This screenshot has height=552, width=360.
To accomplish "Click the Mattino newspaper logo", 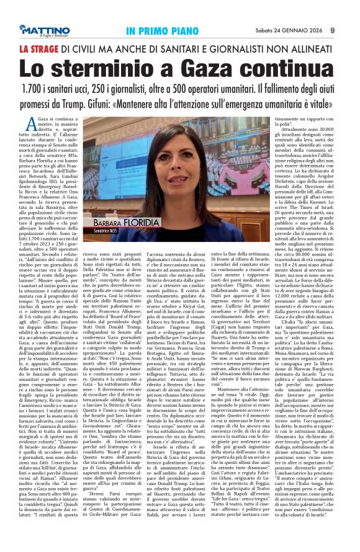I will [x=50, y=29].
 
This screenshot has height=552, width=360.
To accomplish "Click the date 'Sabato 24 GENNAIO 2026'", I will [x=288, y=30].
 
